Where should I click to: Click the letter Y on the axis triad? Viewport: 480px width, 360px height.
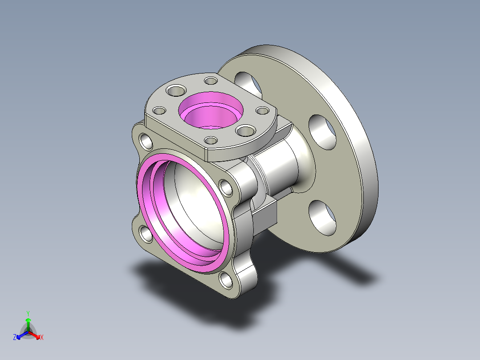(28, 313)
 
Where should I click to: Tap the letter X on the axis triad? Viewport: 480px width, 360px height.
(42, 337)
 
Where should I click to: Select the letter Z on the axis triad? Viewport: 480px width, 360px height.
(15, 337)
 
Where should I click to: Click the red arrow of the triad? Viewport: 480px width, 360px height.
(34, 335)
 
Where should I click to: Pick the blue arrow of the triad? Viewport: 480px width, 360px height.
(22, 335)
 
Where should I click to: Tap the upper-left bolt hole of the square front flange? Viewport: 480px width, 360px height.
(146, 141)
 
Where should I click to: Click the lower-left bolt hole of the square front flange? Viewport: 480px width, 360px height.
(146, 234)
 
